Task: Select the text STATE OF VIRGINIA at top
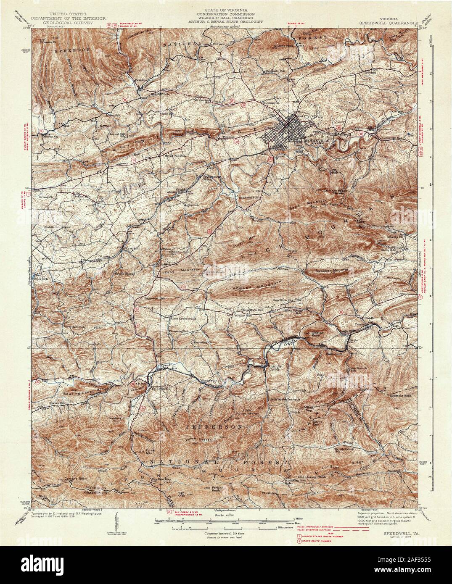pos(225,9)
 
